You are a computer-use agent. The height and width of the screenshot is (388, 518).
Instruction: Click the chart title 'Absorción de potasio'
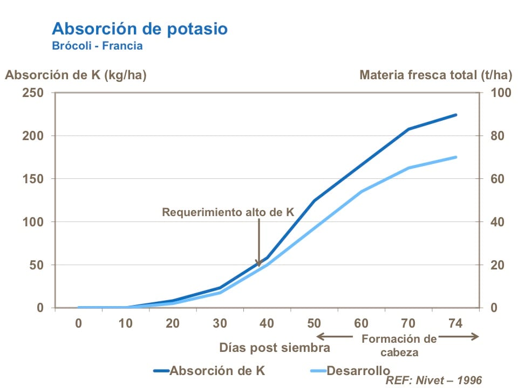[139, 29]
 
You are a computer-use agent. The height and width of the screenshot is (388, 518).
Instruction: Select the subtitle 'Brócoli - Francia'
[97, 46]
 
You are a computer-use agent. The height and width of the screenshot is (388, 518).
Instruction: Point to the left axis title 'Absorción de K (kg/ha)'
[76, 75]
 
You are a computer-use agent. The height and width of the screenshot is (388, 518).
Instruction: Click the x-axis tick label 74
[455, 323]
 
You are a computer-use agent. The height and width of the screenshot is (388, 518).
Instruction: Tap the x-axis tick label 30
[220, 323]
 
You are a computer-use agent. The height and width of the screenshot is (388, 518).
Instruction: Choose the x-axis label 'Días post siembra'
[275, 348]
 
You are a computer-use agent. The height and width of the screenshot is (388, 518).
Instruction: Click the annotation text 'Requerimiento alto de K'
[228, 212]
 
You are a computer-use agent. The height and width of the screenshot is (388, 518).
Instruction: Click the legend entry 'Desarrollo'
[358, 371]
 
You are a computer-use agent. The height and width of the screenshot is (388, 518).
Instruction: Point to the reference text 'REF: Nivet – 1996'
[433, 380]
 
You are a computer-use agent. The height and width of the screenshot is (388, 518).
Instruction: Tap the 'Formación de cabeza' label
[399, 345]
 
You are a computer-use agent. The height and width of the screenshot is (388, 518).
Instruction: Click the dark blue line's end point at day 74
[456, 115]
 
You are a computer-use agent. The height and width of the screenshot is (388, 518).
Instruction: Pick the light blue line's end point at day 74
[456, 157]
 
